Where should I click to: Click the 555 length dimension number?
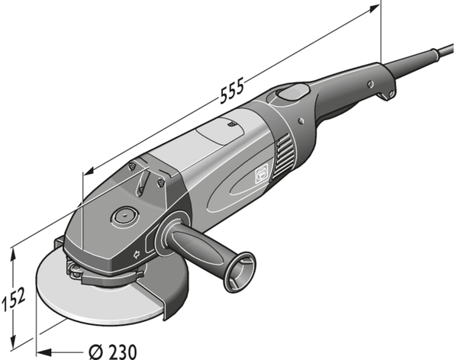(231, 91)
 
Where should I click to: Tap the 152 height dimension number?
(14, 299)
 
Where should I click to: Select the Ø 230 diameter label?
(112, 352)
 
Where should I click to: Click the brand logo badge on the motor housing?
(261, 175)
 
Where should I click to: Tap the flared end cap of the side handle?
(240, 272)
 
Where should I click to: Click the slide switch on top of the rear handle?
(292, 92)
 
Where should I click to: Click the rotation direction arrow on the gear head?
(136, 254)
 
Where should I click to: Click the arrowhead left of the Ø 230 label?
(44, 352)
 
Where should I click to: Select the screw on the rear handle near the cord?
(370, 85)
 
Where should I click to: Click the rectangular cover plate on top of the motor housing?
(221, 130)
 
